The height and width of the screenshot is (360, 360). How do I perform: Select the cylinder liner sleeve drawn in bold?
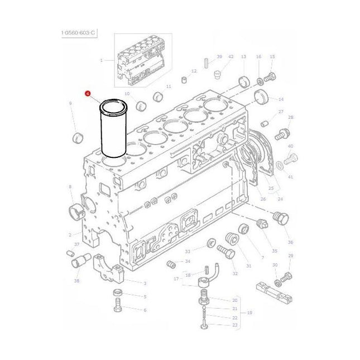tap(114, 131)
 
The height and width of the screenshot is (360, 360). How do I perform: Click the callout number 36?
tap(290, 242)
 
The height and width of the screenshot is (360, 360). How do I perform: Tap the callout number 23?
tap(234, 325)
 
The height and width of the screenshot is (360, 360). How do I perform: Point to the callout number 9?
tap(70, 103)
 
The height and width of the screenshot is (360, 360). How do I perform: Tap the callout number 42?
tap(231, 57)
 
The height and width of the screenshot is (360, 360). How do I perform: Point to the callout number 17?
tap(177, 279)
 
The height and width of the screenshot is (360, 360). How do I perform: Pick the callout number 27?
tap(281, 112)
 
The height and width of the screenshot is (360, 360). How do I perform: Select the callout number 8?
tap(70, 186)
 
